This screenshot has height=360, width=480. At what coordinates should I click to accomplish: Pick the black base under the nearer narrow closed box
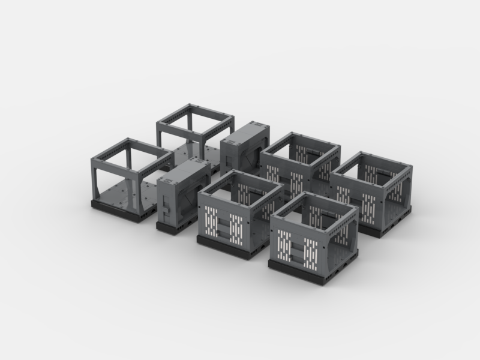point(171,228)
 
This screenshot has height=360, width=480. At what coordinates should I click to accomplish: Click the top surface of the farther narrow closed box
point(244,131)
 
